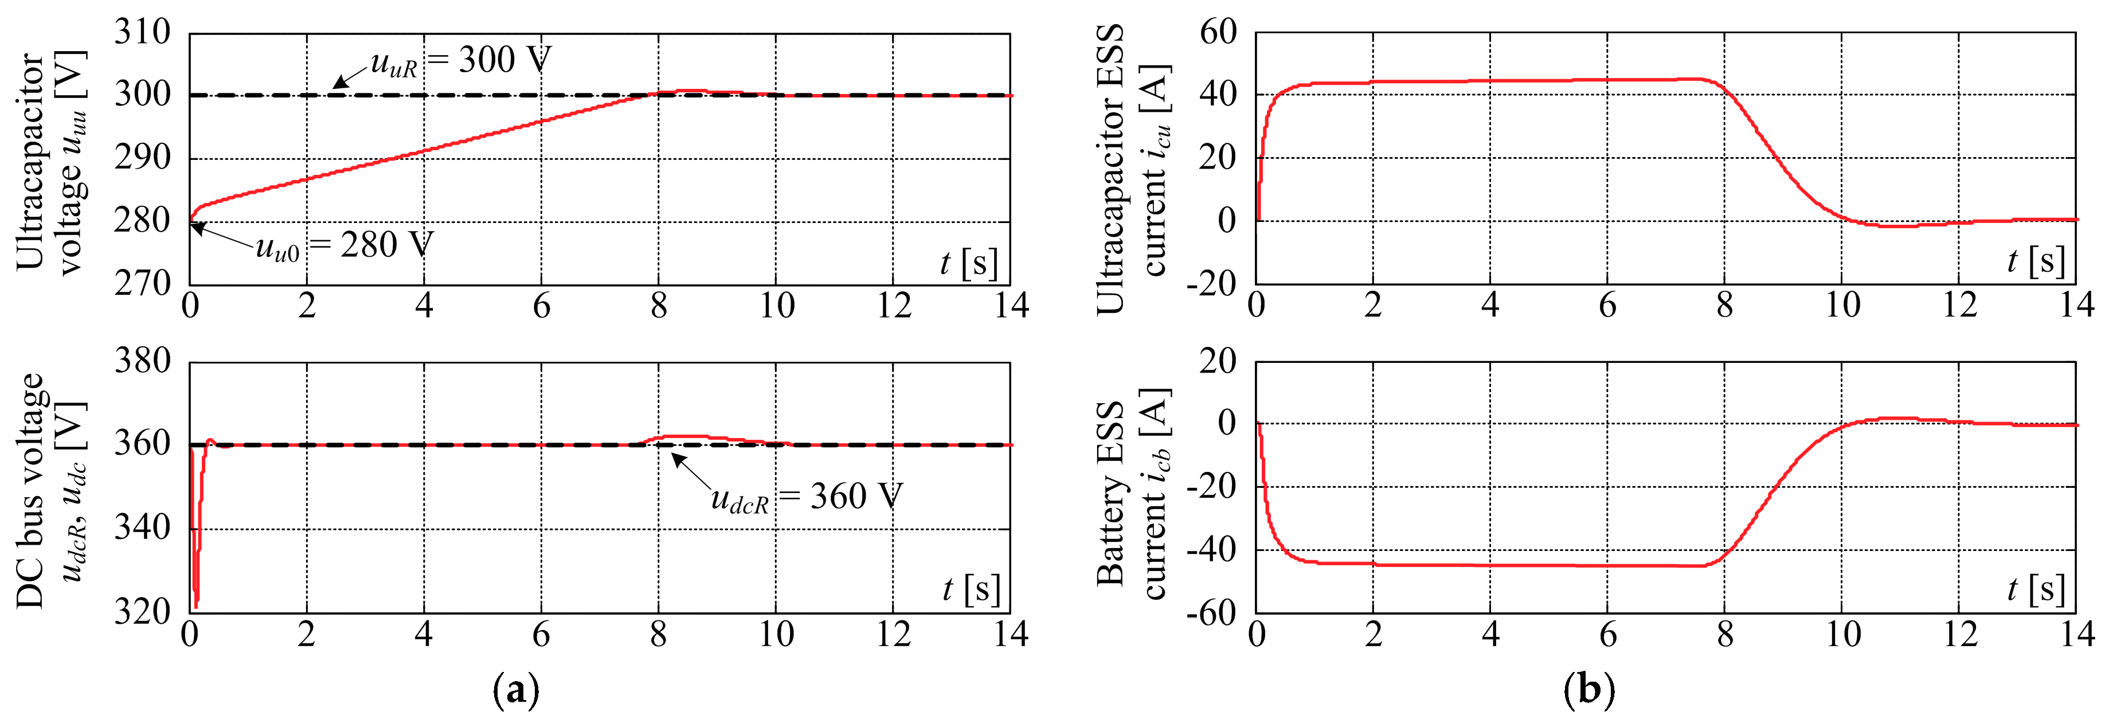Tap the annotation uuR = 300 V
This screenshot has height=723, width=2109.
click(x=461, y=61)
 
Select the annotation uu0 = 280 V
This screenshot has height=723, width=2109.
click(x=344, y=245)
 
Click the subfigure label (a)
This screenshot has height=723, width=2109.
click(x=517, y=690)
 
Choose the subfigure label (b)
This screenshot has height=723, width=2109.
click(x=1588, y=690)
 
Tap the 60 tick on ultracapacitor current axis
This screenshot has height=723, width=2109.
click(x=1218, y=33)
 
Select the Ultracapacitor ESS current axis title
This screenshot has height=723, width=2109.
click(x=1132, y=168)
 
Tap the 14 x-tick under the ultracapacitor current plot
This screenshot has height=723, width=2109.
click(x=2076, y=306)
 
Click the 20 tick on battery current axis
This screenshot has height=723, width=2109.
click(x=1218, y=361)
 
